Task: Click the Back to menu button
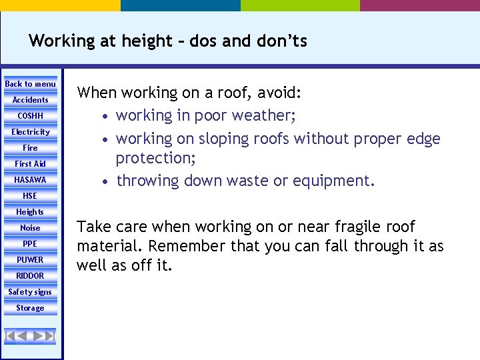pyautogui.click(x=31, y=84)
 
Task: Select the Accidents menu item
pyautogui.click(x=31, y=100)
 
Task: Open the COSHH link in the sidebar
pyautogui.click(x=31, y=116)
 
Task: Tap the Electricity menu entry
pyautogui.click(x=31, y=132)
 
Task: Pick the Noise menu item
pyautogui.click(x=31, y=228)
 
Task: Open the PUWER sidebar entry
pyautogui.click(x=31, y=260)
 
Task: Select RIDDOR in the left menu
pyautogui.click(x=31, y=276)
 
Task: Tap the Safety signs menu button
pyautogui.click(x=31, y=292)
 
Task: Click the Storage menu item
pyautogui.click(x=31, y=308)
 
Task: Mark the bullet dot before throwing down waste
pyautogui.click(x=107, y=181)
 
